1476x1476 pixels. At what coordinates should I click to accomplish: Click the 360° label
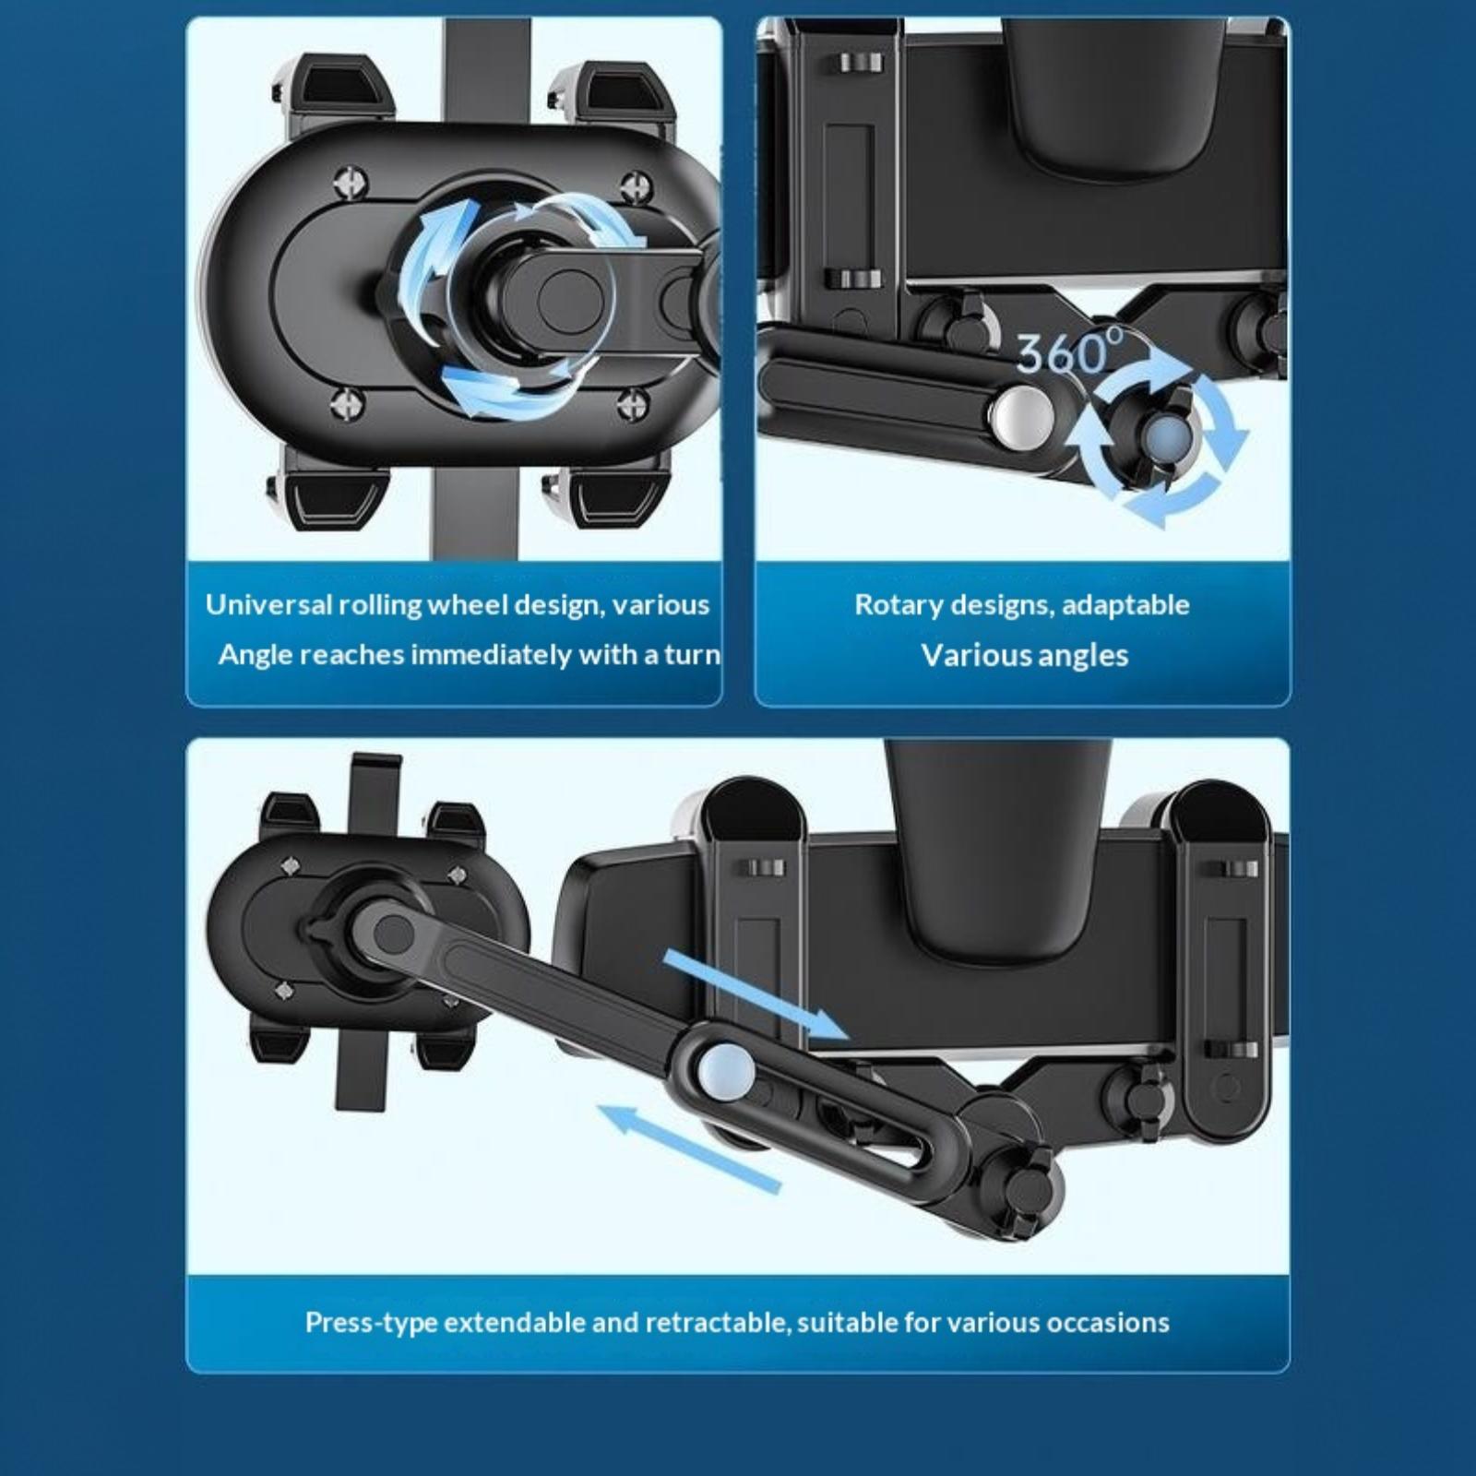(x=1070, y=351)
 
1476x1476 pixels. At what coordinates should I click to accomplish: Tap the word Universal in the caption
(x=268, y=604)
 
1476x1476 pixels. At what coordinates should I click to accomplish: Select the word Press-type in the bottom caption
(x=372, y=1323)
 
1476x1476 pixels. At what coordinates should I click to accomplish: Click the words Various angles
(x=1024, y=655)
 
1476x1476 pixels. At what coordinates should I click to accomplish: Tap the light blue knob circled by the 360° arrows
(x=1164, y=432)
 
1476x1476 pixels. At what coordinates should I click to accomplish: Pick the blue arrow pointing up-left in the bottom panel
(x=690, y=1145)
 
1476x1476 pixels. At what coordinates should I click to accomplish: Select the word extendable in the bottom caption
(x=513, y=1323)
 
